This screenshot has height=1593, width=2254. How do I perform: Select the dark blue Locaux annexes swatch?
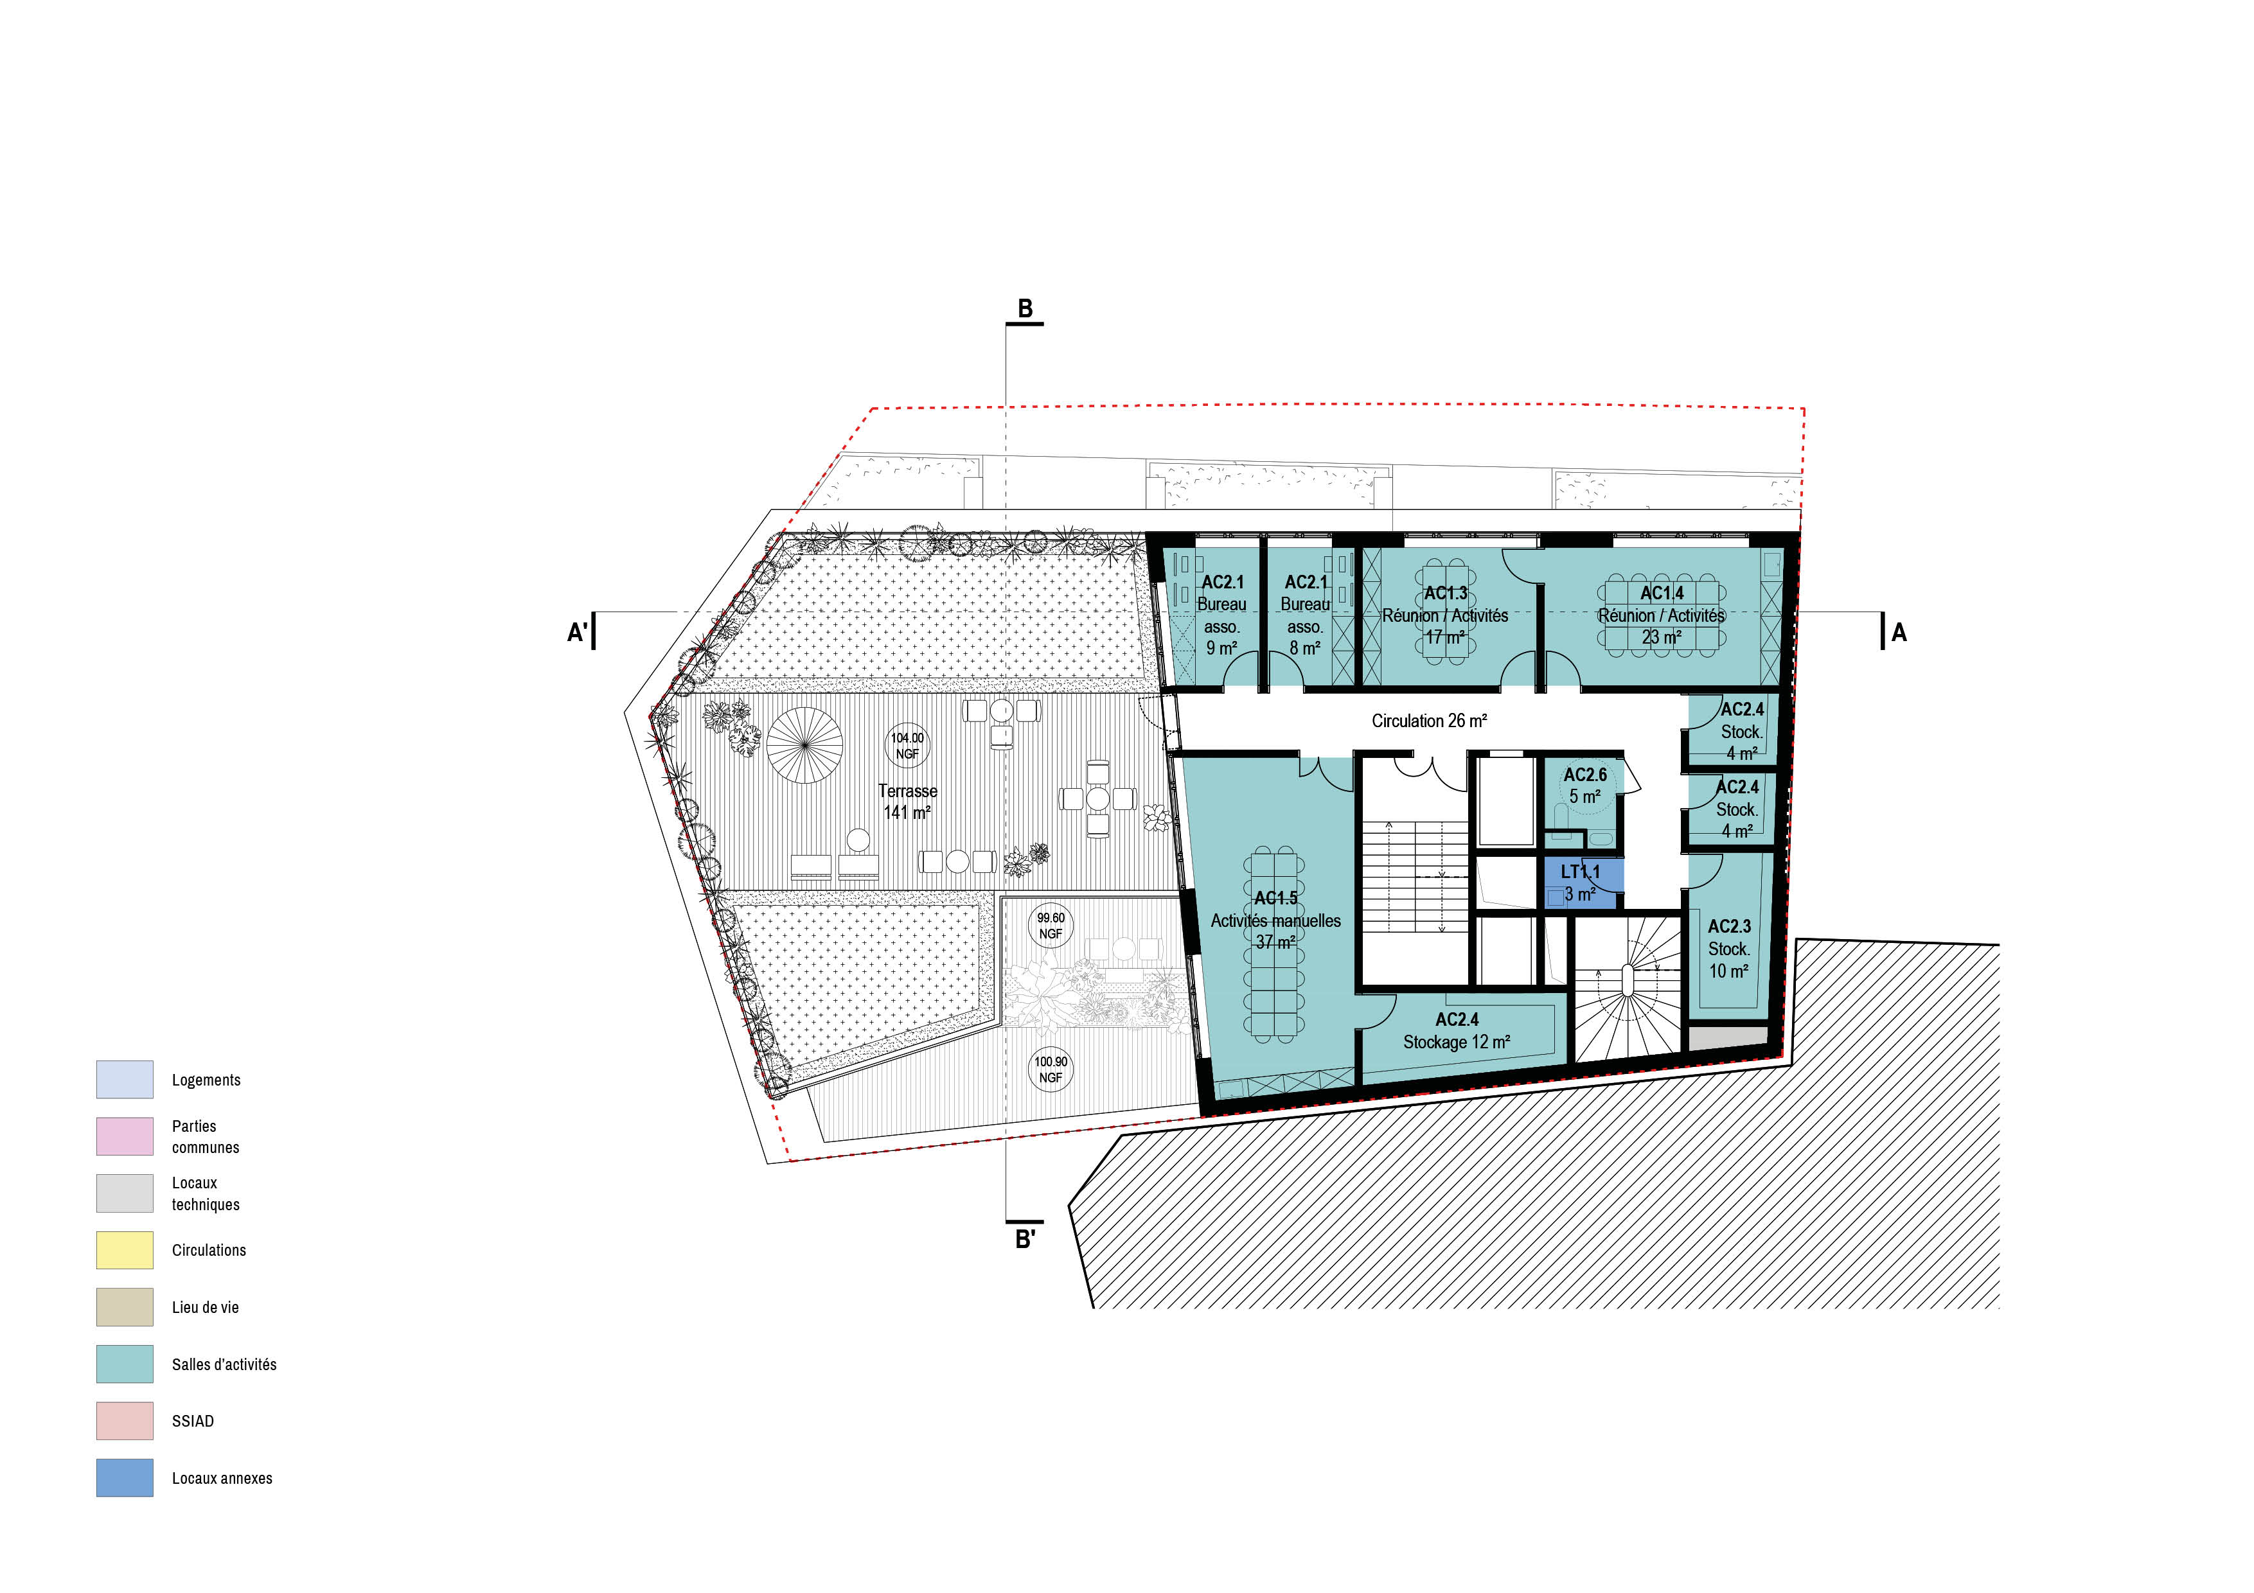pyautogui.click(x=125, y=1477)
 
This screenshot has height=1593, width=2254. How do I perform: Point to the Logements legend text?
pyautogui.click(x=206, y=1080)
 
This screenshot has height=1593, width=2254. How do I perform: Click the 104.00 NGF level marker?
pyautogui.click(x=907, y=746)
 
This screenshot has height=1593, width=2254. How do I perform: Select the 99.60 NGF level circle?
pyautogui.click(x=1051, y=926)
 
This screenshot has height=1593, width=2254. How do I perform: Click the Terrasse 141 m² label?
pyautogui.click(x=907, y=801)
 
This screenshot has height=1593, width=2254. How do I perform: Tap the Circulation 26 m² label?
pyautogui.click(x=1430, y=721)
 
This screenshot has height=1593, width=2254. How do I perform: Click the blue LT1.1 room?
pyautogui.click(x=1579, y=883)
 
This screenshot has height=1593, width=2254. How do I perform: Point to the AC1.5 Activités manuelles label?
pyautogui.click(x=1275, y=920)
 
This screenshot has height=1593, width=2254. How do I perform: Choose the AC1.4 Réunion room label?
pyautogui.click(x=1661, y=615)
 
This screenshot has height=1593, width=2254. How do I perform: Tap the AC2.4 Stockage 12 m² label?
pyautogui.click(x=1457, y=1030)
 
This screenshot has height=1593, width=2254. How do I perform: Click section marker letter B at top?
pyautogui.click(x=1025, y=308)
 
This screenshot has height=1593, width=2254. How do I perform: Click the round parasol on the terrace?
pyautogui.click(x=805, y=745)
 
